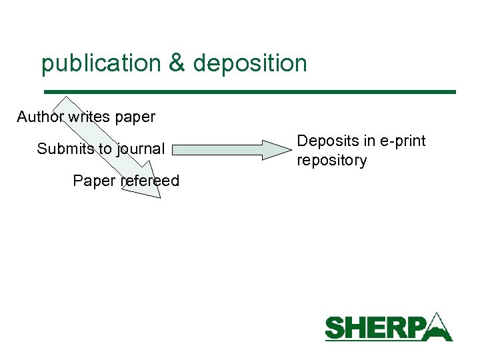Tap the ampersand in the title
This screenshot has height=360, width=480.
177,63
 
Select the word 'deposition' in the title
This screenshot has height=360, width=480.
250,64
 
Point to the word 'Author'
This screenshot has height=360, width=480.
41,117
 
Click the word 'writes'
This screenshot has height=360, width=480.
90,117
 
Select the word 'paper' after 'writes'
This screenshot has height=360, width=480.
135,118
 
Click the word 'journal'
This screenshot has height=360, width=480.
141,149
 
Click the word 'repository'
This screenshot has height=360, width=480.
331,160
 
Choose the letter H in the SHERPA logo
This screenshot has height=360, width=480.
358,329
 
